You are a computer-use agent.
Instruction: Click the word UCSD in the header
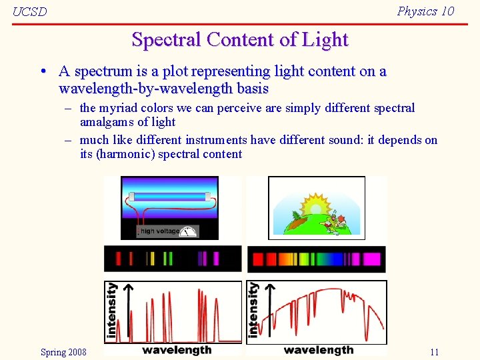(30, 13)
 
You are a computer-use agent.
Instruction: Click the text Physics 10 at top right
(425, 11)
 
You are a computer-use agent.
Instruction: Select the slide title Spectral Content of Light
(240, 39)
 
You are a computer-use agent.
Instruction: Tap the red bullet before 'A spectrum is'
(42, 71)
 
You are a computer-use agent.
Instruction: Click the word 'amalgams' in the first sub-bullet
(107, 122)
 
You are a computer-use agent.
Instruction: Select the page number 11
(434, 352)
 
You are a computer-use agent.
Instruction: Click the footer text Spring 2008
(63, 352)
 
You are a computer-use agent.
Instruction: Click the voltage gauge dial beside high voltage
(189, 231)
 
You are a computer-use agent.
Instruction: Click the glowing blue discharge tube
(169, 196)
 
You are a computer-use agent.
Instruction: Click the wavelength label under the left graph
(177, 350)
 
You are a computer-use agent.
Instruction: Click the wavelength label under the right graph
(318, 350)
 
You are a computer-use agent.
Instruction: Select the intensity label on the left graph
(112, 310)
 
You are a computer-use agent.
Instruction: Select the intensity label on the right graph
(253, 310)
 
